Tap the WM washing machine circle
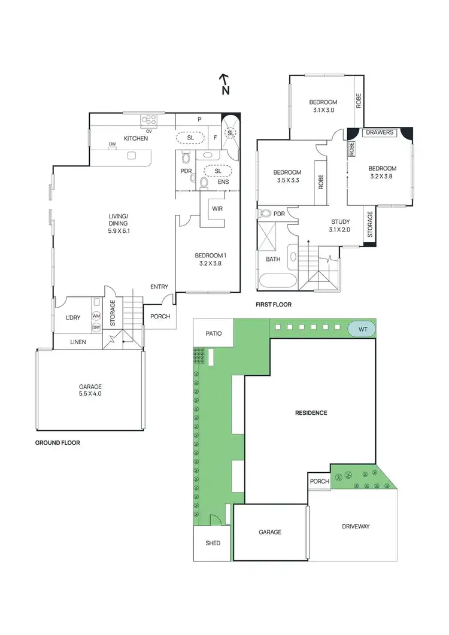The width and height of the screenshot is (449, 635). pyautogui.click(x=96, y=315)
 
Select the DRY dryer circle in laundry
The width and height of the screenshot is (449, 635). pyautogui.click(x=96, y=327)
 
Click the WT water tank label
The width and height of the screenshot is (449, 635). pyautogui.click(x=362, y=329)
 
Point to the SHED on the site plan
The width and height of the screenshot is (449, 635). pyautogui.click(x=213, y=543)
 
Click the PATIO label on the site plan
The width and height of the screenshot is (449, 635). pyautogui.click(x=214, y=334)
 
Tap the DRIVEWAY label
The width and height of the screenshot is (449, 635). pyautogui.click(x=356, y=527)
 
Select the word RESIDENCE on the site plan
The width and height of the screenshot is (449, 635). pyautogui.click(x=311, y=413)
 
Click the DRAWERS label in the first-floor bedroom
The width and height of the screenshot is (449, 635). pyautogui.click(x=380, y=132)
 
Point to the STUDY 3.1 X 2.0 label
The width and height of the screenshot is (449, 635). pyautogui.click(x=339, y=226)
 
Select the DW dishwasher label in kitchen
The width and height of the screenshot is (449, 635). pyautogui.click(x=112, y=144)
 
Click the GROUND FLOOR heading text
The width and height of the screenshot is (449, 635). pyautogui.click(x=58, y=443)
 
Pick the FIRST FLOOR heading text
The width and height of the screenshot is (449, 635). pyautogui.click(x=274, y=305)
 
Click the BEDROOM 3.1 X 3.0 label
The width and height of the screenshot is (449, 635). pyautogui.click(x=323, y=106)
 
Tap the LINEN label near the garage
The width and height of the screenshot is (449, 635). pyautogui.click(x=78, y=342)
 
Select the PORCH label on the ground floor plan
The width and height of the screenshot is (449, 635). pyautogui.click(x=160, y=317)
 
